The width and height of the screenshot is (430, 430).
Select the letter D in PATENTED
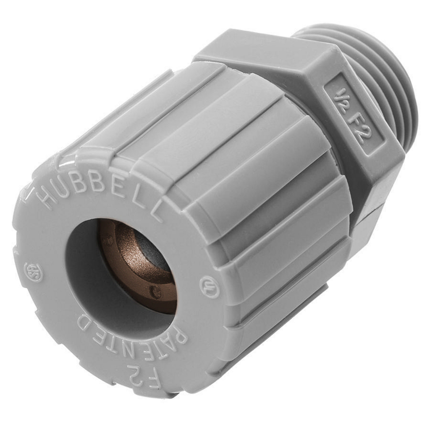84,323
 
